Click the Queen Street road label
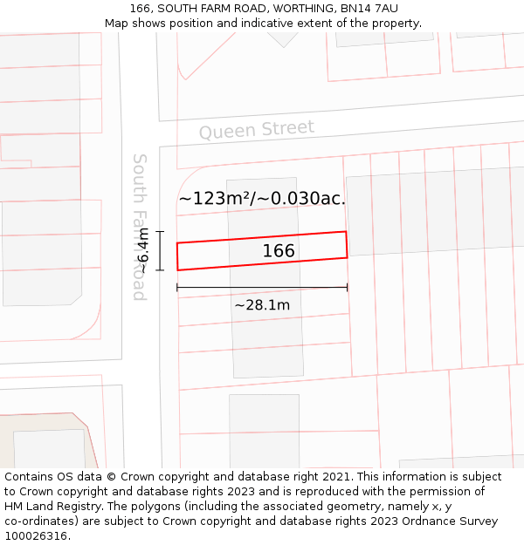click(x=256, y=130)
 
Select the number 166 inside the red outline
click(x=279, y=251)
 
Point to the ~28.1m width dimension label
click(x=262, y=305)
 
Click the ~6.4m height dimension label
click(x=144, y=250)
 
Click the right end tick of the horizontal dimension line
click(x=348, y=287)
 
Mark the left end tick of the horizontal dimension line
click(x=177, y=287)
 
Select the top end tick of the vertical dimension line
click(x=160, y=231)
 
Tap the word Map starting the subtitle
click(x=116, y=24)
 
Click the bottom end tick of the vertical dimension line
click(x=160, y=270)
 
